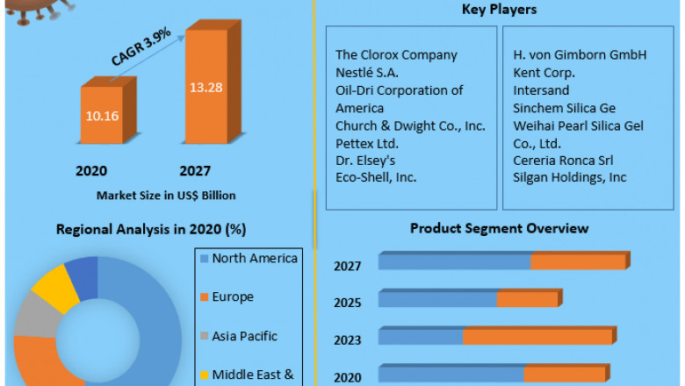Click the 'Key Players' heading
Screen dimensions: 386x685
pyautogui.click(x=499, y=10)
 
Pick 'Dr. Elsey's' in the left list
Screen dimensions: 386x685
pyautogui.click(x=367, y=160)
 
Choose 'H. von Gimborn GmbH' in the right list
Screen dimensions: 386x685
pyautogui.click(x=580, y=54)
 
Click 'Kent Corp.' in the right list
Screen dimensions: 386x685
pyautogui.click(x=544, y=72)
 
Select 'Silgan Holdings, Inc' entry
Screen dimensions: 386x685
pyautogui.click(x=569, y=177)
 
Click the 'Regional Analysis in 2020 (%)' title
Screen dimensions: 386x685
pyautogui.click(x=150, y=230)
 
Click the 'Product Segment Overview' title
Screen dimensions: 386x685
pyautogui.click(x=499, y=228)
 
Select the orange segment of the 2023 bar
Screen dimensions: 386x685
pyautogui.click(x=537, y=337)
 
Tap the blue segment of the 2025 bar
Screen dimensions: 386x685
pyautogui.click(x=437, y=299)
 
